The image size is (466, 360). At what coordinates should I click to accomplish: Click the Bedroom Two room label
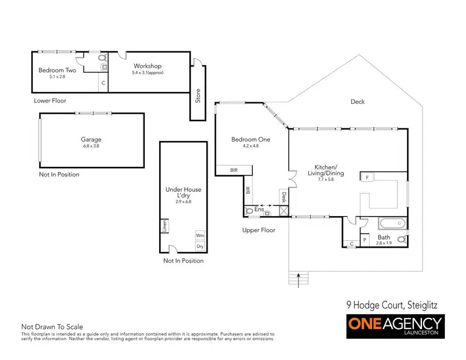pyautogui.click(x=57, y=70)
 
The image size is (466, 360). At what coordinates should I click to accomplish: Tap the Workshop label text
pyautogui.click(x=147, y=66)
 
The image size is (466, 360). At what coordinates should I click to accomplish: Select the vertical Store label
pyautogui.click(x=198, y=96)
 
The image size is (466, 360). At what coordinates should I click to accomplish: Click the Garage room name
pyautogui.click(x=91, y=140)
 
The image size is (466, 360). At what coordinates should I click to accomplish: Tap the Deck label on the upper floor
pyautogui.click(x=357, y=102)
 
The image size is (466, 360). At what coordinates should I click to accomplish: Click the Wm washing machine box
pyautogui.click(x=199, y=235)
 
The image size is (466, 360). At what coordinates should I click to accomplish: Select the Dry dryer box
pyautogui.click(x=199, y=246)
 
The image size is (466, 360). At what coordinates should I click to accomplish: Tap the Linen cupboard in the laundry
pyautogui.click(x=165, y=225)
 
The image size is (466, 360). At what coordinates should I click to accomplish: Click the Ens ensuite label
pyautogui.click(x=259, y=210)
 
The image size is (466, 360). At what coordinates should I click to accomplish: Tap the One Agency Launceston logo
pyautogui.click(x=395, y=326)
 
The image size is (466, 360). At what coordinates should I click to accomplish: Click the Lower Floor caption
pyautogui.click(x=50, y=100)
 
